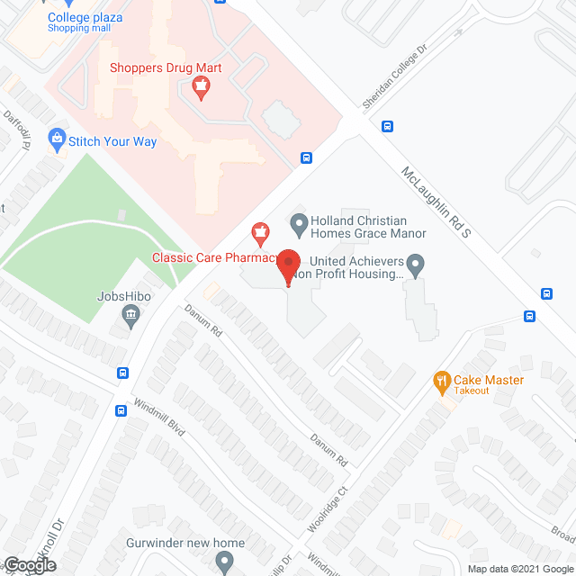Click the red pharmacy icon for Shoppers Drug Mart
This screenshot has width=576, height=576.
pos(202,88)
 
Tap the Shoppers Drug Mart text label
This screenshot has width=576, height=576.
pos(166,67)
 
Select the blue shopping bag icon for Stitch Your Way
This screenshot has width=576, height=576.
pos(58,139)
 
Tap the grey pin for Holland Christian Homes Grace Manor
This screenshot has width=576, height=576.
pos(299,221)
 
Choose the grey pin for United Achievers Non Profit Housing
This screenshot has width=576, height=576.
pos(415,264)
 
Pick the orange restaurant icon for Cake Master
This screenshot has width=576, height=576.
pos(441,381)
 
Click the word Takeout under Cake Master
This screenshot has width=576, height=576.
pos(472,391)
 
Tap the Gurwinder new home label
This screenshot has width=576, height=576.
pos(189,543)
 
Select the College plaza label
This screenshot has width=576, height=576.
pos(85,17)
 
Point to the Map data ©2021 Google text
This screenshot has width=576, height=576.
pos(519,569)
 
